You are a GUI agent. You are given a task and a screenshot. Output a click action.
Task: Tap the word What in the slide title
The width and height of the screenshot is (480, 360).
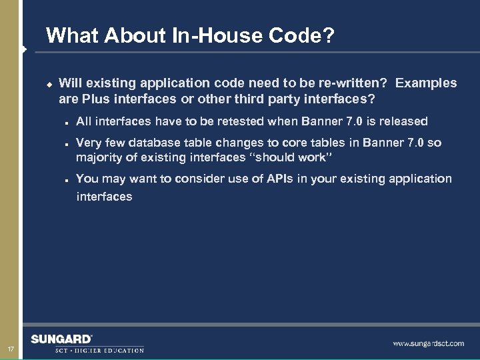click(x=72, y=35)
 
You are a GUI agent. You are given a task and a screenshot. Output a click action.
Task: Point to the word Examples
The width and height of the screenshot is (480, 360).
click(x=426, y=83)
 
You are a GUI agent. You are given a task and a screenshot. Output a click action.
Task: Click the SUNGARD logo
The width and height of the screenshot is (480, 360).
click(x=61, y=339)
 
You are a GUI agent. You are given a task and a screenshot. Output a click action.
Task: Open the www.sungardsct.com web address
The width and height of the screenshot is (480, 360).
click(x=428, y=343)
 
